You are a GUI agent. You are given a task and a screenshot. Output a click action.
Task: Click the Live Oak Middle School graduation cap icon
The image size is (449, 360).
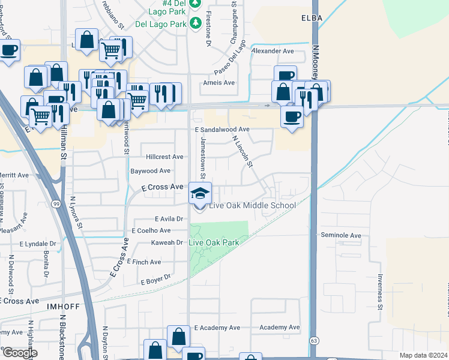click(200, 193)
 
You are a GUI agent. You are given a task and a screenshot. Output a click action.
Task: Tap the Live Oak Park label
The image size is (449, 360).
click(214, 242)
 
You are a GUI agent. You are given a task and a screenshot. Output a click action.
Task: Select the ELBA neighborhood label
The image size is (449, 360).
click(312, 19)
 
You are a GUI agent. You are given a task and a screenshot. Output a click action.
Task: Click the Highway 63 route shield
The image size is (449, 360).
click(314, 340)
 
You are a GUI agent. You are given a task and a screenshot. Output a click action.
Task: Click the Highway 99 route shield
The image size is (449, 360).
click(56, 204)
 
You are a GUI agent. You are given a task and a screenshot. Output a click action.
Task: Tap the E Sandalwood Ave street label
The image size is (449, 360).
click(222, 129)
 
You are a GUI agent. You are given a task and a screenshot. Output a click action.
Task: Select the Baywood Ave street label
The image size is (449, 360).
click(151, 171)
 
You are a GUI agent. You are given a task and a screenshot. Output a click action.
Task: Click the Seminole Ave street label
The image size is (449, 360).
click(341, 235)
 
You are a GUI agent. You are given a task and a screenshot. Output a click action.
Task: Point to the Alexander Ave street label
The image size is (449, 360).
click(273, 52)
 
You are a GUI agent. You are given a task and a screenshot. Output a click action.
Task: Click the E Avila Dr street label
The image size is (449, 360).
click(172, 219)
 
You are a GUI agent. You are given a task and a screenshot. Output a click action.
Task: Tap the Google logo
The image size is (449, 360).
click(20, 353)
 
